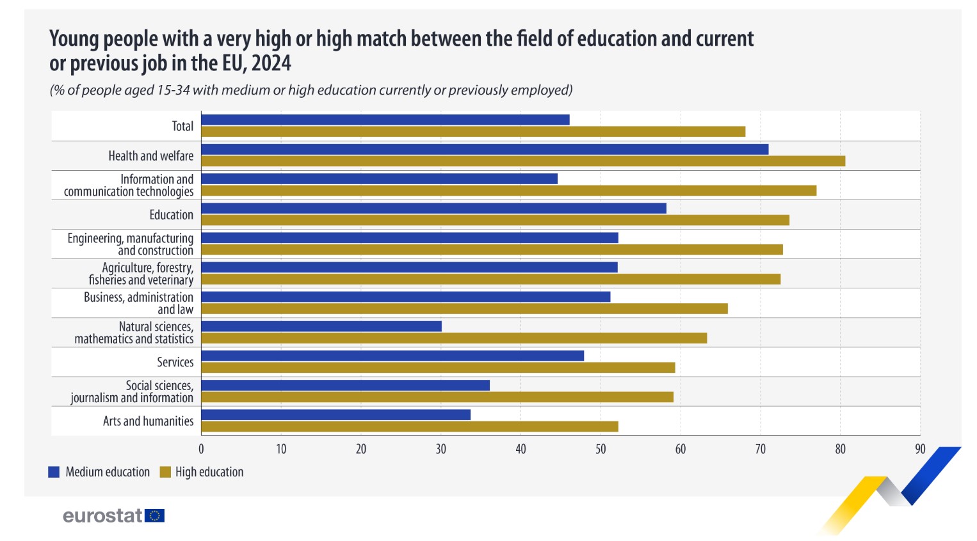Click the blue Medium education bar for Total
pyautogui.click(x=385, y=120)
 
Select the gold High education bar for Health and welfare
pyautogui.click(x=523, y=161)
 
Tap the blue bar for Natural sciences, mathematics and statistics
pyautogui.click(x=321, y=326)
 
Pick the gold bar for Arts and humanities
pyautogui.click(x=410, y=427)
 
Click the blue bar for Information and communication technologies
pyautogui.click(x=379, y=178)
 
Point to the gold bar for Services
pyautogui.click(x=438, y=368)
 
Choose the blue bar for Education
pyautogui.click(x=433, y=208)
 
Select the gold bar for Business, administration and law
pyautogui.click(x=464, y=309)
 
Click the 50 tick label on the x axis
pyautogui.click(x=601, y=449)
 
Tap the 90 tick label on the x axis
pyautogui.click(x=920, y=449)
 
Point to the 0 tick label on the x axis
pyautogui.click(x=201, y=449)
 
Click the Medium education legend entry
pyautogui.click(x=107, y=472)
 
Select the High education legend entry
pyautogui.click(x=209, y=472)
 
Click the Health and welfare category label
pyautogui.click(x=150, y=156)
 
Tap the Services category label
pyautogui.click(x=175, y=362)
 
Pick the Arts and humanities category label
pyautogui.click(x=148, y=421)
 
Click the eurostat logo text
pyautogui.click(x=102, y=515)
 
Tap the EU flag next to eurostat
pyautogui.click(x=155, y=515)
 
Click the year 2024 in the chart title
pyautogui.click(x=271, y=63)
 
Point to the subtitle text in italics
pyautogui.click(x=311, y=90)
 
